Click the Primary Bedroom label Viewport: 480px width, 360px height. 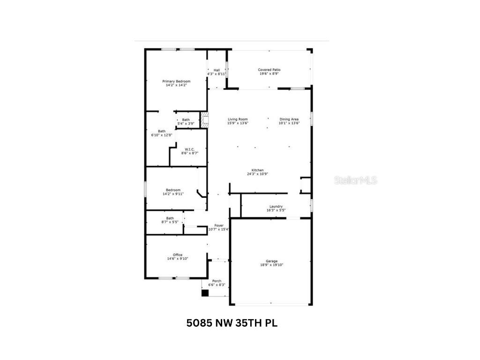click(x=176, y=81)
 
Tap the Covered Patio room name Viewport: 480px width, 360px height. click(x=269, y=70)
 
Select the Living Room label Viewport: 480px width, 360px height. click(x=238, y=119)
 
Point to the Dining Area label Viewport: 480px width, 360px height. click(x=289, y=119)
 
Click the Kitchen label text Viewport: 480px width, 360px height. click(x=257, y=170)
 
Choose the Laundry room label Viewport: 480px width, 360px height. click(x=276, y=206)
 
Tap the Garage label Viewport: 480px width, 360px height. click(x=272, y=261)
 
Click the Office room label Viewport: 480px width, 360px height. click(x=178, y=255)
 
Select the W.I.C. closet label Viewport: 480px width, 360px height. click(x=189, y=149)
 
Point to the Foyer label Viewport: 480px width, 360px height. click(x=219, y=225)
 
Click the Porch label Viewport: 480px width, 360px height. click(x=217, y=281)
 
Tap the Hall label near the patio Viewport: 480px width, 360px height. click(x=217, y=70)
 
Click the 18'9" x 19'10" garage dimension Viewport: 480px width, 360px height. click(x=272, y=265)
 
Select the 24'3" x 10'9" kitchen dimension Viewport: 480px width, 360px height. click(x=257, y=174)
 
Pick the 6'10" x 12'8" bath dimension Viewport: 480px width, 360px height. click(x=162, y=135)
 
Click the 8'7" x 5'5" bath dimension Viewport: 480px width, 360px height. click(x=170, y=222)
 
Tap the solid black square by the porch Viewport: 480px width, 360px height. click(x=204, y=293)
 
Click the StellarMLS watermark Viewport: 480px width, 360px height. click(x=355, y=180)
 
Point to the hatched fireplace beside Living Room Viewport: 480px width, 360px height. click(x=204, y=120)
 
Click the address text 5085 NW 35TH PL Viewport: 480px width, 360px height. click(x=232, y=323)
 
